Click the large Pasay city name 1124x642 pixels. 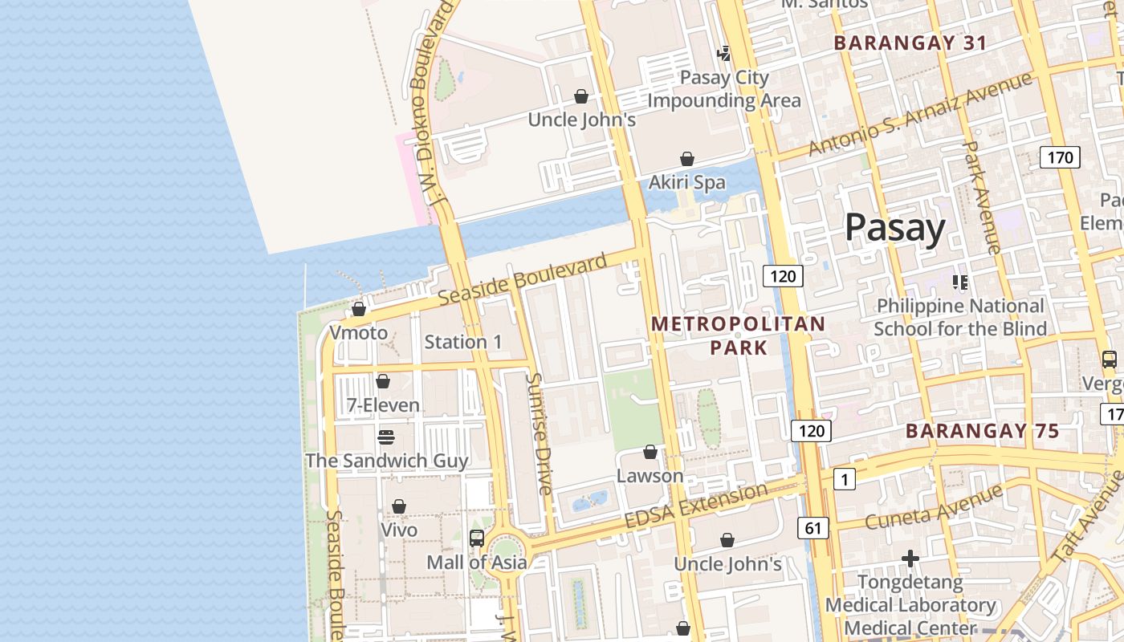click(x=895, y=228)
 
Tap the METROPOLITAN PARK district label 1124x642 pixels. click(x=738, y=335)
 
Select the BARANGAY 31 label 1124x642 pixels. click(x=910, y=43)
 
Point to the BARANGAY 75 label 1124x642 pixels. click(x=983, y=431)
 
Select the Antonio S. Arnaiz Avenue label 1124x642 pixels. click(x=919, y=115)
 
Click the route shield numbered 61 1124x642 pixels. click(x=812, y=527)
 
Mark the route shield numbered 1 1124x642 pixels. click(x=844, y=480)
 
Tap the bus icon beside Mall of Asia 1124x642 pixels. click(x=477, y=538)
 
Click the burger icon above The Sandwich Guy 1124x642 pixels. click(x=386, y=437)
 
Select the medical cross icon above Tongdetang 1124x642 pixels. click(x=910, y=558)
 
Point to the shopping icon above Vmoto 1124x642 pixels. click(x=359, y=309)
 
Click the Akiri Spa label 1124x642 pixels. click(x=686, y=182)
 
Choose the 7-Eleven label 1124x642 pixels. click(x=383, y=405)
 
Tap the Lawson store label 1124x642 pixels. click(x=650, y=476)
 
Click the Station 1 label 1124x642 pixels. click(x=463, y=342)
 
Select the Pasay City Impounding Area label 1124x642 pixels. click(x=724, y=89)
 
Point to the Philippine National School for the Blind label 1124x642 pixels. click(x=960, y=317)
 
